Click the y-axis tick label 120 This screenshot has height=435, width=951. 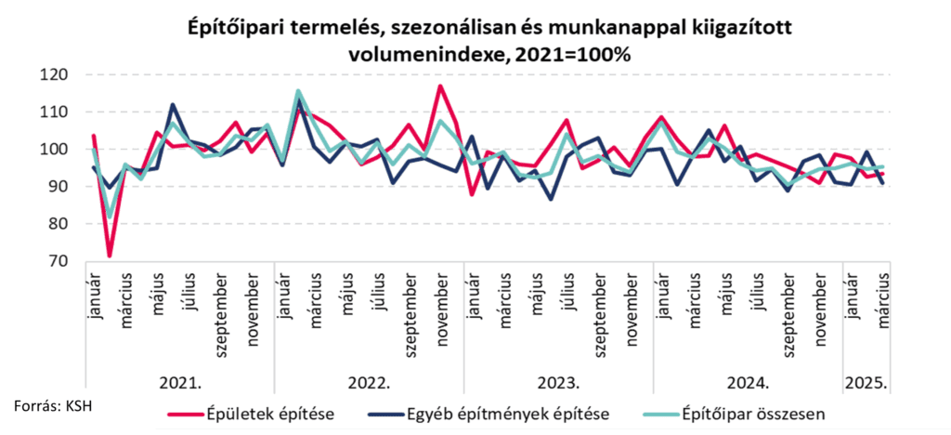point(57,74)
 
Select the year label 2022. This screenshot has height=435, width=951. point(369,382)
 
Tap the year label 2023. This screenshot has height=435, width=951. point(558,382)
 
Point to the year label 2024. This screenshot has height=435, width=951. point(748,382)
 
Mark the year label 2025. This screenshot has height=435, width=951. point(866,382)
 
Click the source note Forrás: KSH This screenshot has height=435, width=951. point(52,405)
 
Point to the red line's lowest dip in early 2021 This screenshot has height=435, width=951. point(110,256)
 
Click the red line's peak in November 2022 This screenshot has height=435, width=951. point(440,86)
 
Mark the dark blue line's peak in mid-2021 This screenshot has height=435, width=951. point(173,105)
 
